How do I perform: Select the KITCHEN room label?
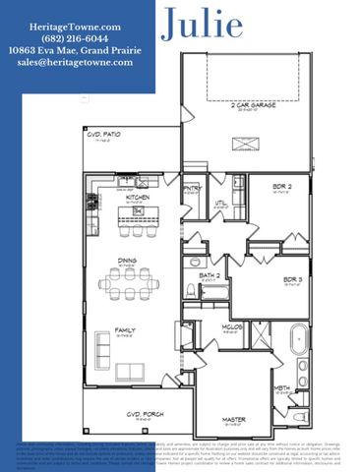[138, 197]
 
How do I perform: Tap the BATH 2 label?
[209, 276]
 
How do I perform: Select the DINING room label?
[126, 262]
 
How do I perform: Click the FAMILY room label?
[126, 330]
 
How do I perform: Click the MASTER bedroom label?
[233, 421]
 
